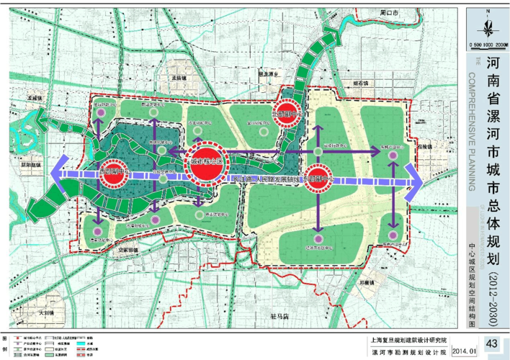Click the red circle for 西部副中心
coord(115,174)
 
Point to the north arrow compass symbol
coord(488,26)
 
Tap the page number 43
coord(492,343)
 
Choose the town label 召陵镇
coord(424,146)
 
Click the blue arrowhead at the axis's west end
coord(58,174)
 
